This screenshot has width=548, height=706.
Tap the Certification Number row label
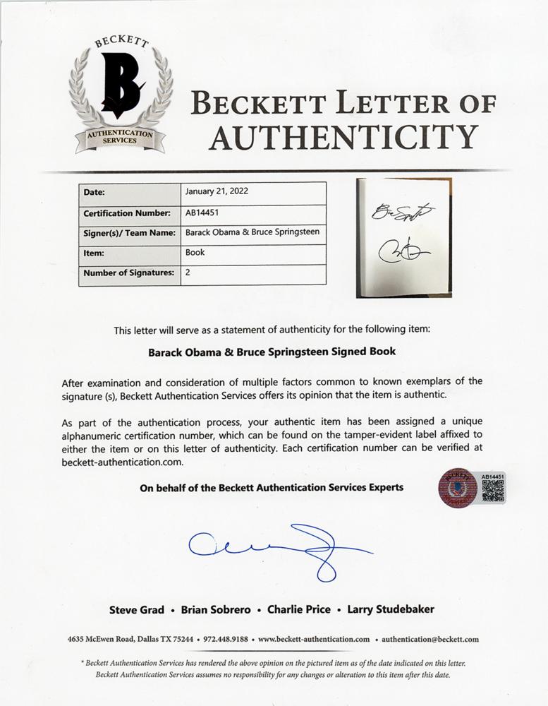[127, 213]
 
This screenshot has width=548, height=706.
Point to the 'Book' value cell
[195, 252]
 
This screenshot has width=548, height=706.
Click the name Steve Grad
[137, 609]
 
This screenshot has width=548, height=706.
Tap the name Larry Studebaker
[392, 609]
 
